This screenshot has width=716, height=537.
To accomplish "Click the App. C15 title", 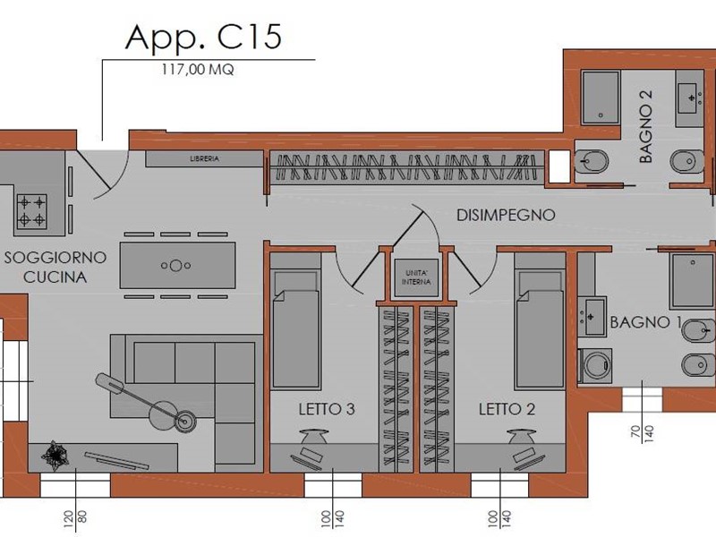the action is [x=203, y=38].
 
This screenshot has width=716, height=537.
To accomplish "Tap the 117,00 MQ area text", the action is [x=197, y=70].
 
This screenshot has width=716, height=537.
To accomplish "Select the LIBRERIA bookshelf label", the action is [x=204, y=159].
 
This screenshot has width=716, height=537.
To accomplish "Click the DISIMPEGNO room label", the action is [x=506, y=215].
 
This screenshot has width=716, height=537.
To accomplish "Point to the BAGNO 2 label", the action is [x=645, y=126].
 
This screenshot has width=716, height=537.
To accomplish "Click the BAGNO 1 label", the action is [x=645, y=322].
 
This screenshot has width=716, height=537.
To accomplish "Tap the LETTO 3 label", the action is [x=327, y=409].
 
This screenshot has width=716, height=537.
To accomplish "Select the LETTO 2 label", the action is [x=507, y=409].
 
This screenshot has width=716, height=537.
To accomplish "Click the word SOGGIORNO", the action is [x=55, y=258].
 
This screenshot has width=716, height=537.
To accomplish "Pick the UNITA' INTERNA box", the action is [x=416, y=277].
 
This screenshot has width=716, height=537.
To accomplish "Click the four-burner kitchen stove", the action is [x=32, y=210].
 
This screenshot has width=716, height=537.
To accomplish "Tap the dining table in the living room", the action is [x=177, y=265].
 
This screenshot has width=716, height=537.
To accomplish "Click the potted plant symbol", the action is [x=55, y=456].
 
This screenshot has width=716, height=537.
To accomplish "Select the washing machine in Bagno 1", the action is [x=594, y=365].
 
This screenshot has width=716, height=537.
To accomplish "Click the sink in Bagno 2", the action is [x=689, y=98].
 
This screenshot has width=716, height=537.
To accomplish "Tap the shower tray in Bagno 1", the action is [x=692, y=281].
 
